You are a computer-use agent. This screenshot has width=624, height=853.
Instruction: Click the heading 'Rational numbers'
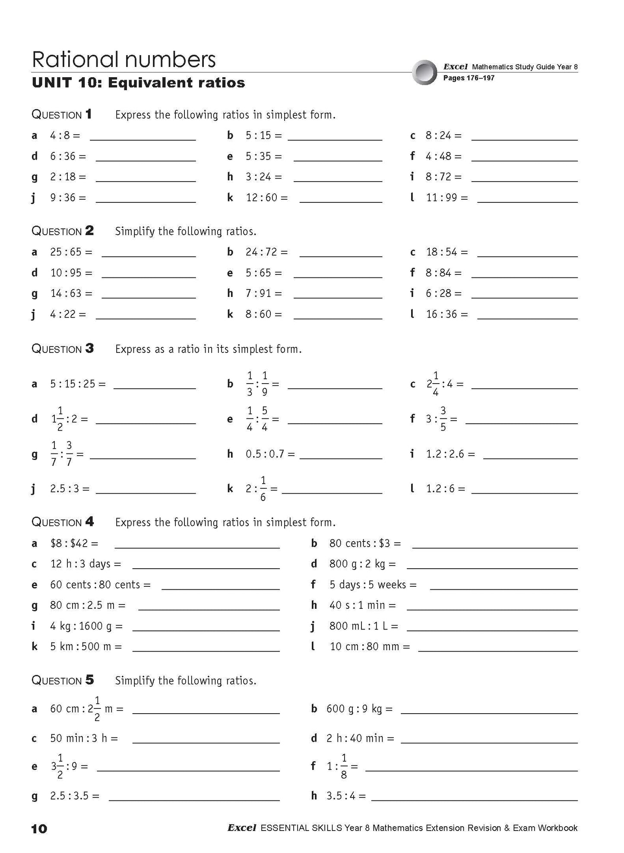(124, 60)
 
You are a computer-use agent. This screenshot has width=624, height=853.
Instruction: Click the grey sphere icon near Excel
(424, 72)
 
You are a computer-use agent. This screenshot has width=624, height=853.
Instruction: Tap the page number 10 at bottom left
(39, 828)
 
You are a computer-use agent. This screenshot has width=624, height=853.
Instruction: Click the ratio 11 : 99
(441, 198)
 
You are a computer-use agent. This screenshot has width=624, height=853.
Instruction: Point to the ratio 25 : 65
(65, 252)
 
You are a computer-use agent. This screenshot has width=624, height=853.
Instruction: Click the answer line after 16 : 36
(527, 318)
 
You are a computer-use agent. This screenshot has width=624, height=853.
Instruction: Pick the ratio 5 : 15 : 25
(72, 384)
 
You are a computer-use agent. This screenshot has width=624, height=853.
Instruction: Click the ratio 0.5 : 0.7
(264, 454)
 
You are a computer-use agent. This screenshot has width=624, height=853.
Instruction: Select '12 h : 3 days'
(80, 564)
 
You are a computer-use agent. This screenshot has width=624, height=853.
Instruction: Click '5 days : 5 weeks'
(367, 585)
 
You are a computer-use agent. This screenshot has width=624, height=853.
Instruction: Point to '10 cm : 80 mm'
(364, 647)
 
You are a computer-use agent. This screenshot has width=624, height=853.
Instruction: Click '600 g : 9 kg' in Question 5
(354, 709)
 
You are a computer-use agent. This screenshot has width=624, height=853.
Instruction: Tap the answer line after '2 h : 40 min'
(489, 742)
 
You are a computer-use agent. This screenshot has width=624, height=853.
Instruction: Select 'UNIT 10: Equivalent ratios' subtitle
(138, 82)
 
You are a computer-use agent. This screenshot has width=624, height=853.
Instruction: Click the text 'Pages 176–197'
(469, 78)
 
